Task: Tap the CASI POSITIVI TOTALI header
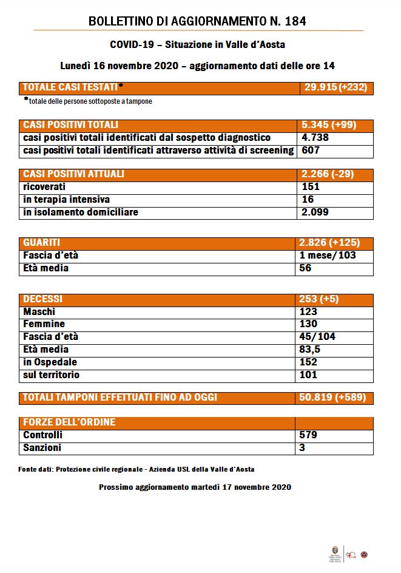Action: coord(70,125)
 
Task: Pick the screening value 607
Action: coord(311,150)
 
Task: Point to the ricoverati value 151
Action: coord(311,187)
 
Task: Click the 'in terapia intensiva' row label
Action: coord(67,200)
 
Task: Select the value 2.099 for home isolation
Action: coord(315,212)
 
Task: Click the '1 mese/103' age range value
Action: coord(328,256)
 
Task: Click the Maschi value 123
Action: coord(309,311)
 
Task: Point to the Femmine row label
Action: coord(44,324)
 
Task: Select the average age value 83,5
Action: coord(311,349)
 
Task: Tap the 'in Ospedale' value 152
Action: coord(309,362)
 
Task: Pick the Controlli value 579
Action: coord(309,435)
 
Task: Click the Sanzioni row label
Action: coord(42,448)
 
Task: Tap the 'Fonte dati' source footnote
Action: coord(136,469)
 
